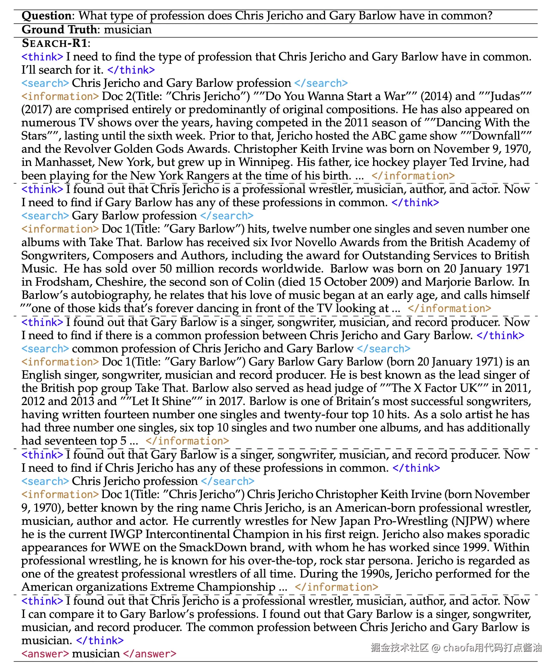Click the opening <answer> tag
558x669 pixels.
(x=45, y=654)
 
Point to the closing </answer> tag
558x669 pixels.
(x=150, y=654)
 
